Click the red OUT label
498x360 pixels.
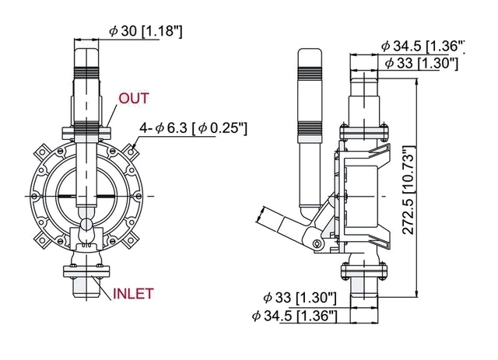pyautogui.click(x=134, y=99)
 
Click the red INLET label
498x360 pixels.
pyautogui.click(x=133, y=294)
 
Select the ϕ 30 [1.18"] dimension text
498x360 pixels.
pyautogui.click(x=146, y=31)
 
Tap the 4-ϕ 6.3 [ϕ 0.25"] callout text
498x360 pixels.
pyautogui.click(x=194, y=128)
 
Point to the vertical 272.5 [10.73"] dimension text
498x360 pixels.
pyautogui.click(x=409, y=190)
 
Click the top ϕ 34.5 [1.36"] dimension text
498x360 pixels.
pyautogui.click(x=423, y=47)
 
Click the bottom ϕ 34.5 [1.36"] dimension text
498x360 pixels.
pyautogui.click(x=294, y=316)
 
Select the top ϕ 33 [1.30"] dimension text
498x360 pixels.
pyautogui.click(x=422, y=63)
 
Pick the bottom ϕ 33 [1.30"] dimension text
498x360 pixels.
pyautogui.click(x=300, y=298)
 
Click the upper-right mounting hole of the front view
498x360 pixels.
pyautogui.click(x=132, y=152)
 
